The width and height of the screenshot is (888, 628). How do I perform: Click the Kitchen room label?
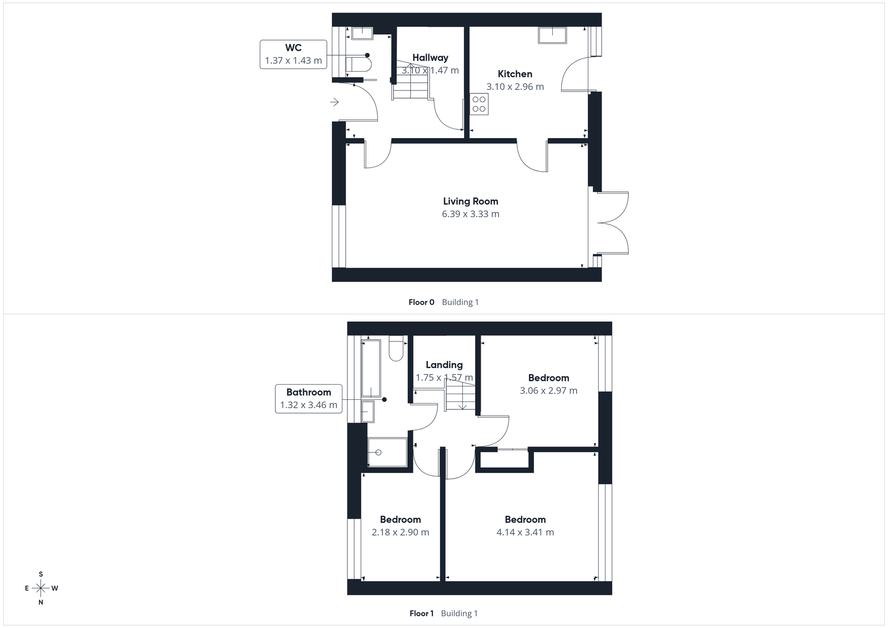tap(514, 74)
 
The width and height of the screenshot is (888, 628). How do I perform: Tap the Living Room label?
tap(470, 201)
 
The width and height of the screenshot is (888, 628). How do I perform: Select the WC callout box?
tap(293, 54)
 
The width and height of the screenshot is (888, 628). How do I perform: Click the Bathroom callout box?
tap(308, 399)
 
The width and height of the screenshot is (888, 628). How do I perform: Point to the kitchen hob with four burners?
tap(479, 104)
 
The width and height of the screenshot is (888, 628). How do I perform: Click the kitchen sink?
tap(552, 35)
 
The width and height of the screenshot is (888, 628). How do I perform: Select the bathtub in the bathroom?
tap(371, 368)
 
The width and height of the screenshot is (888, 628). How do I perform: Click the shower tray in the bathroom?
tap(387, 451)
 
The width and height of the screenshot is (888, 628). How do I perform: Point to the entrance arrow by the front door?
tap(334, 102)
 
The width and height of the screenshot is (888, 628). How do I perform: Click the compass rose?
tap(41, 588)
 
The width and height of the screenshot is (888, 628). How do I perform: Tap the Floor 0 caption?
tap(421, 302)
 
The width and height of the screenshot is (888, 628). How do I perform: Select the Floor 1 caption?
tap(421, 614)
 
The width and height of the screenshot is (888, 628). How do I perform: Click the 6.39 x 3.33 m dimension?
tap(470, 214)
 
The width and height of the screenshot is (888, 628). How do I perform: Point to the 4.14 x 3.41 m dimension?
tap(524, 532)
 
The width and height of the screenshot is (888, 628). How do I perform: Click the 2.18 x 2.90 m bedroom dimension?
tap(400, 532)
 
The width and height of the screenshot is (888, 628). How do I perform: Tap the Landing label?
tap(444, 365)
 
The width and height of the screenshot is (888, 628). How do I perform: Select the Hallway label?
tap(430, 57)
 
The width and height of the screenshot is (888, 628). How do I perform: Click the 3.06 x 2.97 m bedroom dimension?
tap(548, 390)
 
